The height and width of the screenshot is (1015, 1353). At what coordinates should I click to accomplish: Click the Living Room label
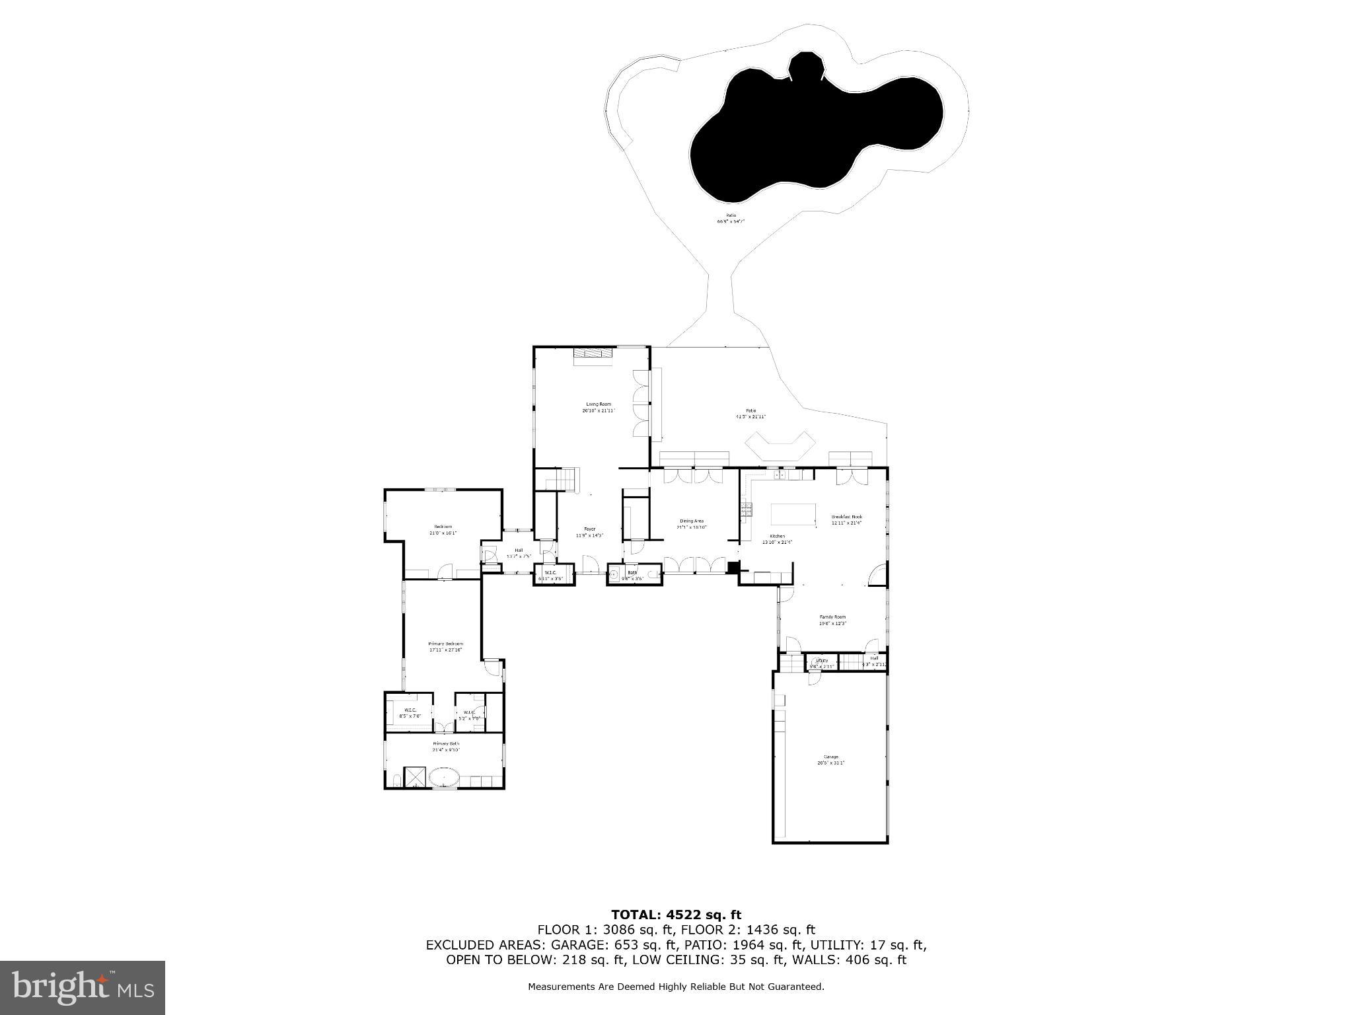tap(599, 404)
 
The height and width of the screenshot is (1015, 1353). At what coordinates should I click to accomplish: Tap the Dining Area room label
tap(691, 521)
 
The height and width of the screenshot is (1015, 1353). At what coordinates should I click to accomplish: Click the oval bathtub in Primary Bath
tap(444, 776)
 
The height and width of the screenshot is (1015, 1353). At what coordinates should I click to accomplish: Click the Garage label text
tap(830, 757)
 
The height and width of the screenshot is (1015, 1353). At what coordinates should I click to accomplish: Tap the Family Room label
tap(832, 617)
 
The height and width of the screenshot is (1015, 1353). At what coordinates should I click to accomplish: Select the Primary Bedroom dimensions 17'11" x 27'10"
tap(445, 650)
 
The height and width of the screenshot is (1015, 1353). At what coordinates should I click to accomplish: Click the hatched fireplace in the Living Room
tap(593, 354)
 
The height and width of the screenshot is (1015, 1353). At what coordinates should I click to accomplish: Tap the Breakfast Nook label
tap(846, 517)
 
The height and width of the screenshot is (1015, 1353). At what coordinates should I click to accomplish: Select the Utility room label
tap(822, 660)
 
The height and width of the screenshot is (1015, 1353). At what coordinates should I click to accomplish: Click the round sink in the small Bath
tap(612, 575)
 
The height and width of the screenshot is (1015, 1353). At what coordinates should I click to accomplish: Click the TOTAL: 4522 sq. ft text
tap(676, 915)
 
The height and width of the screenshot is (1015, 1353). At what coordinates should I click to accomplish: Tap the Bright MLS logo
tap(83, 987)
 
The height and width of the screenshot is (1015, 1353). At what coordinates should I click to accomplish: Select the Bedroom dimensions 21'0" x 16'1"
tap(443, 533)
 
